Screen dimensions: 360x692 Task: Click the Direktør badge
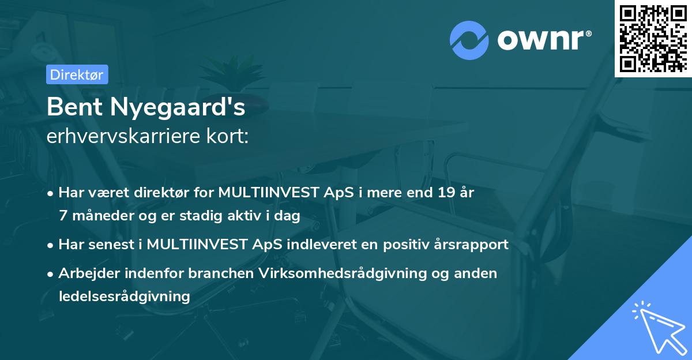[x=77, y=74]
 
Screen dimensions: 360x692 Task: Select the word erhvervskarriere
[x=119, y=137]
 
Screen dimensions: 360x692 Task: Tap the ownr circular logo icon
[x=469, y=40]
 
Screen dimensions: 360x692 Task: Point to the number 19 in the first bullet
[x=445, y=193]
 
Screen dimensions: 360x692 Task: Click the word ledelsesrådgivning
[x=124, y=297]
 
